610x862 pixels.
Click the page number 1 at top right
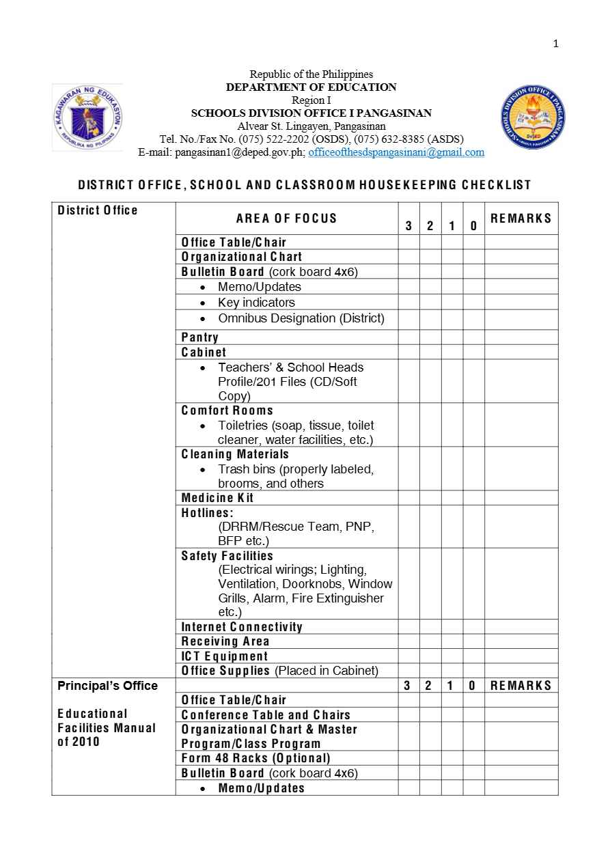pyautogui.click(x=555, y=44)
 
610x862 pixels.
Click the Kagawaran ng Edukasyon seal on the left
pyautogui.click(x=87, y=118)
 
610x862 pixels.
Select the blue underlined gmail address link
pyautogui.click(x=396, y=152)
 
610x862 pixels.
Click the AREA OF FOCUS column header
pyautogui.click(x=286, y=219)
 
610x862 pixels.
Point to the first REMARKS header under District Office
pyautogui.click(x=521, y=219)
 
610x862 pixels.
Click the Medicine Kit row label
pyautogui.click(x=217, y=498)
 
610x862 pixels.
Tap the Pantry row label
pyautogui.click(x=199, y=337)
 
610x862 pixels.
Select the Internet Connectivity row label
pyautogui.click(x=242, y=627)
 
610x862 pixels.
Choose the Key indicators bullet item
pyautogui.click(x=256, y=303)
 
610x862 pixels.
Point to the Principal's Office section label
pyautogui.click(x=107, y=686)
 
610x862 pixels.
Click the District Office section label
pyautogui.click(x=98, y=210)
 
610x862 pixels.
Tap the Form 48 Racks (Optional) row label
pyautogui.click(x=255, y=758)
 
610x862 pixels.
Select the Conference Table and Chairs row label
pyautogui.click(x=266, y=715)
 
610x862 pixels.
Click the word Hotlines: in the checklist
pyautogui.click(x=207, y=512)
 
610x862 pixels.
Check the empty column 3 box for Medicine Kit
pyautogui.click(x=408, y=498)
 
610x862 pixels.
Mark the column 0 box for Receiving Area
pyautogui.click(x=473, y=641)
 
